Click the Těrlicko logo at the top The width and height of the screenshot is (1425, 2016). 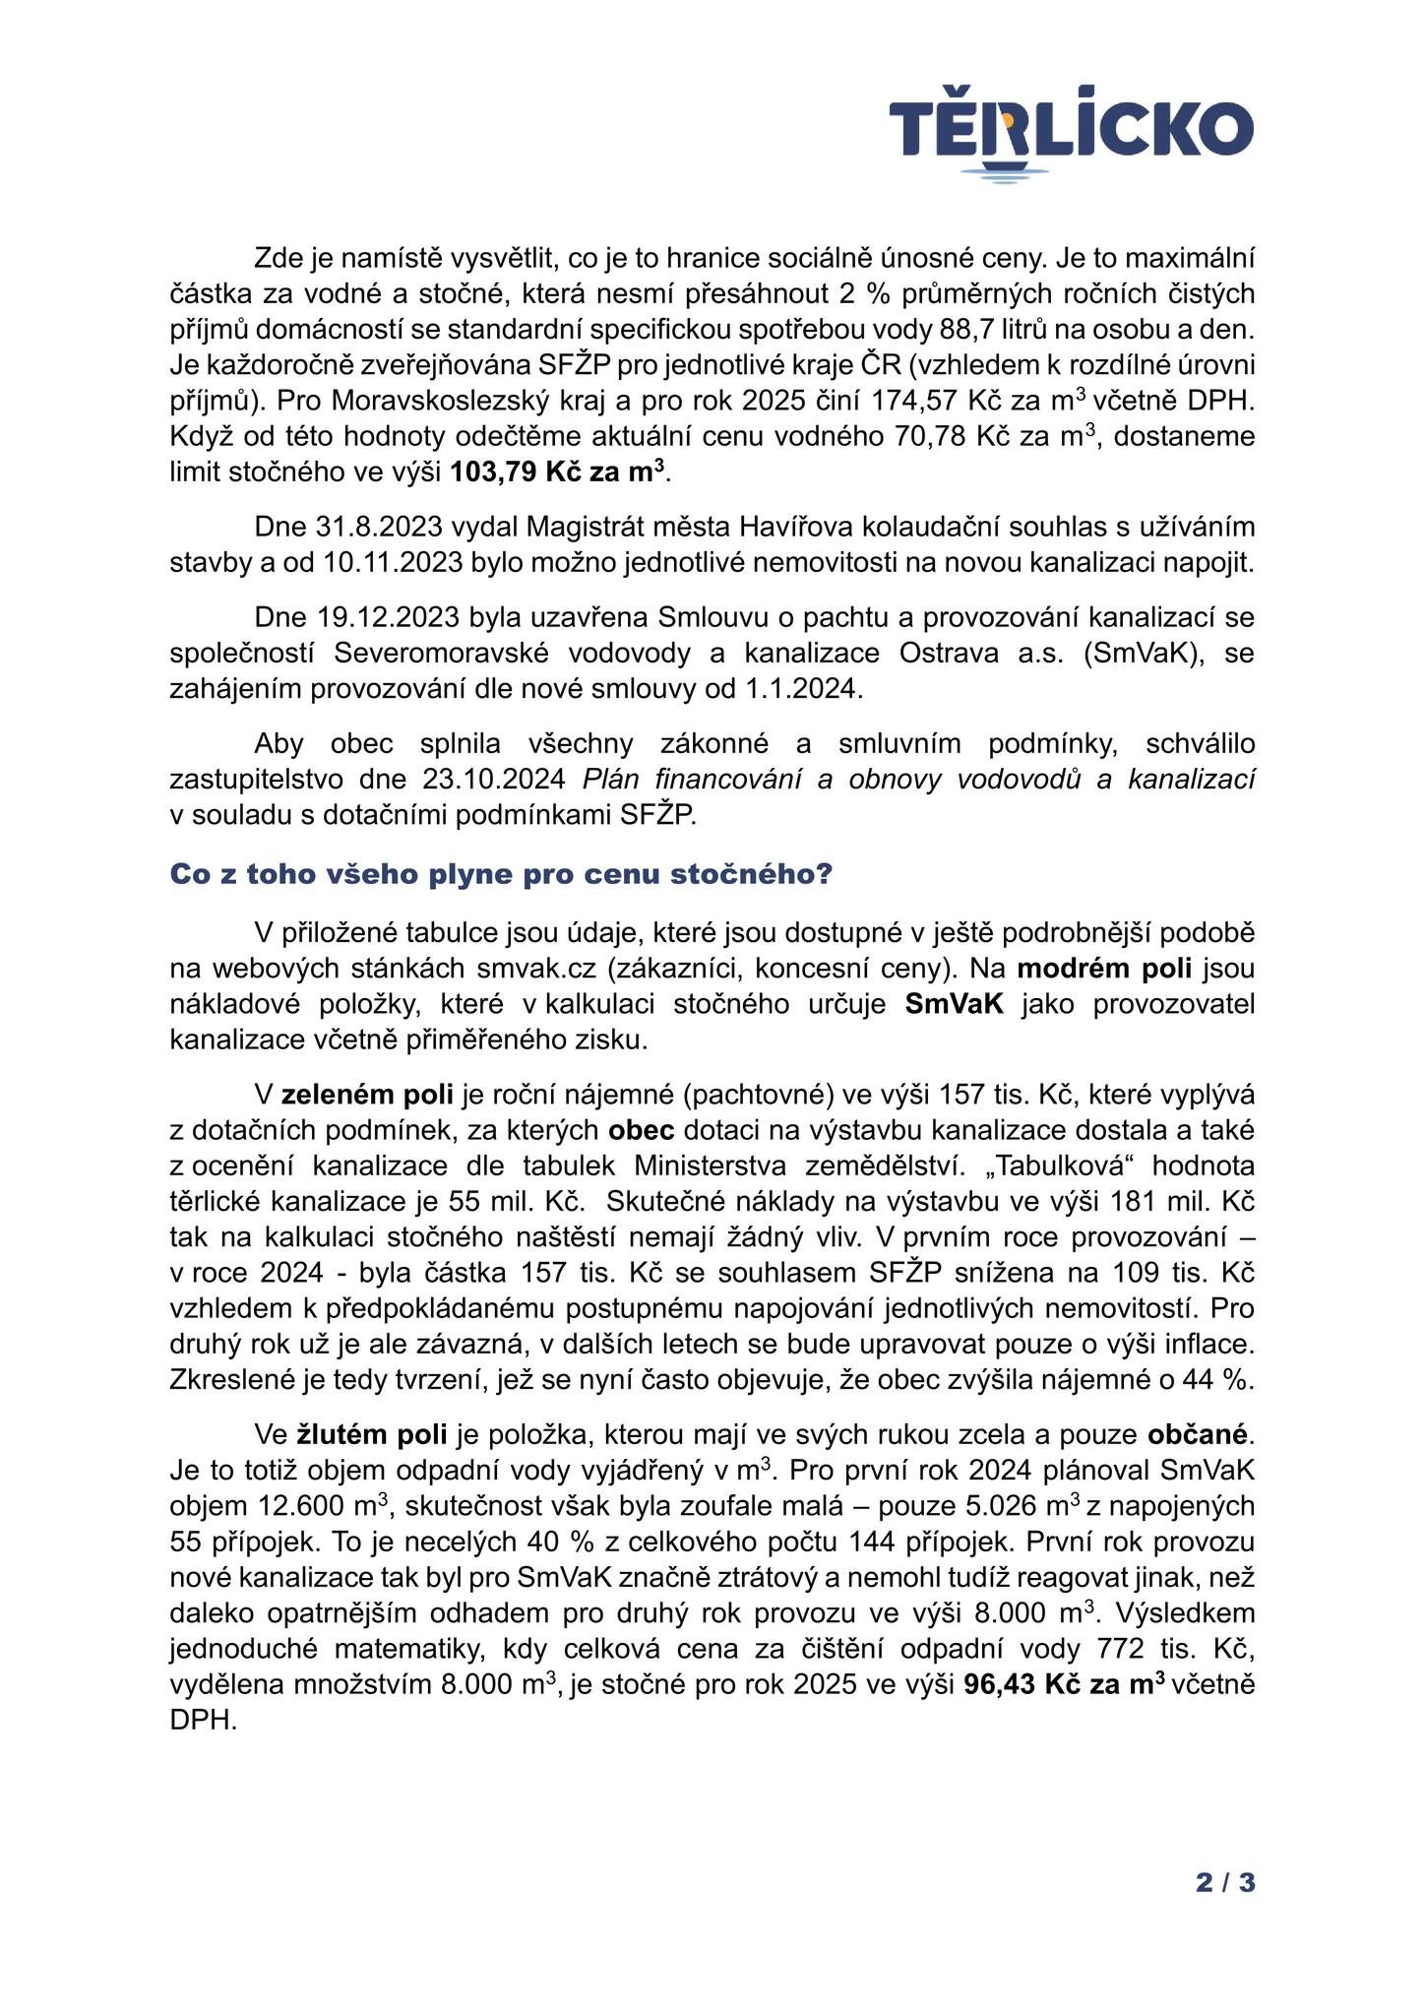click(1071, 135)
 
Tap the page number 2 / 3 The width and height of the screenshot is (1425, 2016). click(1225, 1882)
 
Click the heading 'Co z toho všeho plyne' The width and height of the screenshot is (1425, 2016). click(501, 874)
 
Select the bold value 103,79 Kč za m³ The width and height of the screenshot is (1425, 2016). click(557, 472)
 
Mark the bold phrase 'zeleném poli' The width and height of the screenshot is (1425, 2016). click(367, 1094)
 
